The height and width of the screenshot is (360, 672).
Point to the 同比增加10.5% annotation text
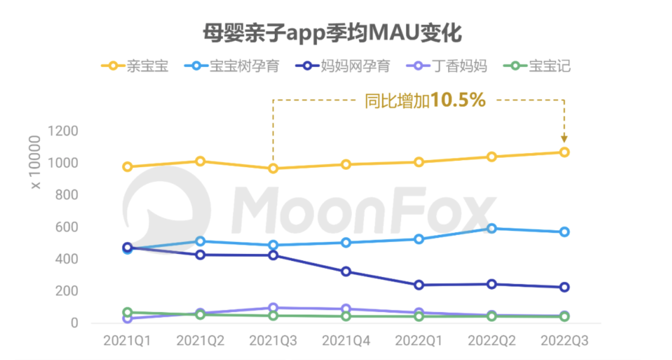coord(425,100)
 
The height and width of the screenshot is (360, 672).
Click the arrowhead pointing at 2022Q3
coord(564,138)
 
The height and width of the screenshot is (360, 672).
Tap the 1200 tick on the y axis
coord(62,131)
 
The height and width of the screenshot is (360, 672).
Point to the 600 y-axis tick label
coord(67,227)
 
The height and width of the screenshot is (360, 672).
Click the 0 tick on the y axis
coord(75,323)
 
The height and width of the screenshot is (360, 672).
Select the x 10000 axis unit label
coord(36,162)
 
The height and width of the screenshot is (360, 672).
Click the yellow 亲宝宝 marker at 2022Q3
coord(564,152)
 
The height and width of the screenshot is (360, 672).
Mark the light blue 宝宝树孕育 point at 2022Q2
coord(491,228)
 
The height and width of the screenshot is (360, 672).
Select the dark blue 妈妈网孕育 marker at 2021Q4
coord(346,272)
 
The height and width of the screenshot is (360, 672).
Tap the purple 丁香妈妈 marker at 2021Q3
coord(273,308)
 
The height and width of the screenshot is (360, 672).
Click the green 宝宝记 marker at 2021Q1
coord(127,313)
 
